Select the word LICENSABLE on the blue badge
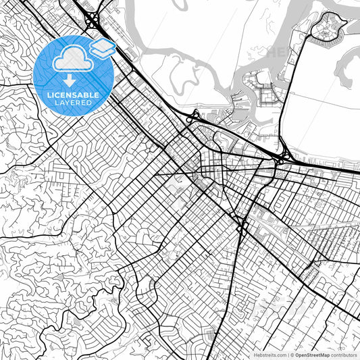point(73,95)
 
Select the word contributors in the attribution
point(344,354)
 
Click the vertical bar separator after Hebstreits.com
point(286,354)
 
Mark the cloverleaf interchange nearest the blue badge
point(91,21)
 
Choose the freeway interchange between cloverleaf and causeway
point(193,118)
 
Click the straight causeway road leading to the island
point(297,81)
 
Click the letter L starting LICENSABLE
point(49,95)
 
